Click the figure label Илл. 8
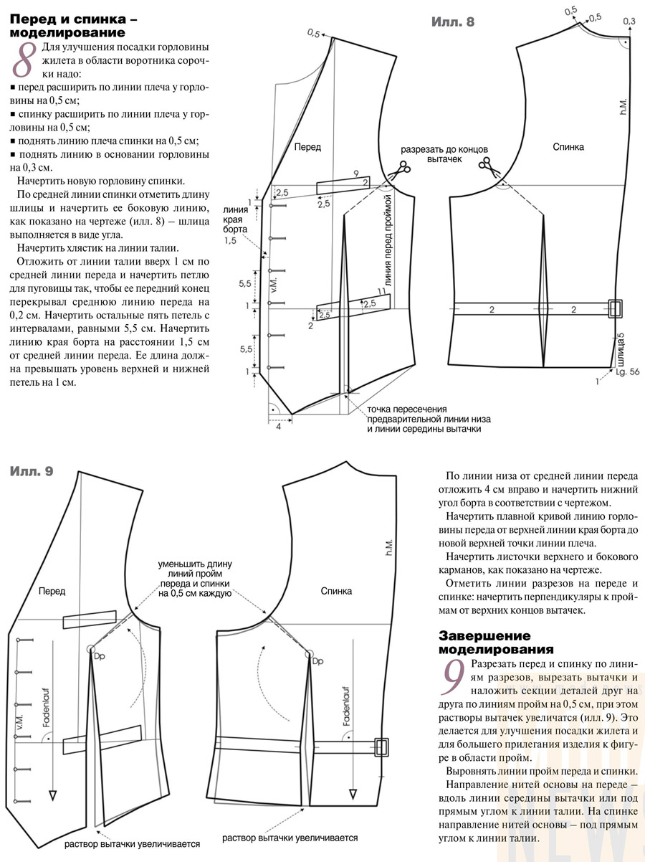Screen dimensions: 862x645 [452, 22]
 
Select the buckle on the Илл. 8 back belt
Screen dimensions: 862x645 [615, 309]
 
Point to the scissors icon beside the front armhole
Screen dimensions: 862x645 [398, 169]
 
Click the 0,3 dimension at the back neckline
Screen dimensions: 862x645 [629, 22]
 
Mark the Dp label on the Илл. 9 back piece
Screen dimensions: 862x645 [319, 660]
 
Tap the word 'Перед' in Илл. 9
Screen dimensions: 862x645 [52, 591]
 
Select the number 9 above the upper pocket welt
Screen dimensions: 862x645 [355, 174]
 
